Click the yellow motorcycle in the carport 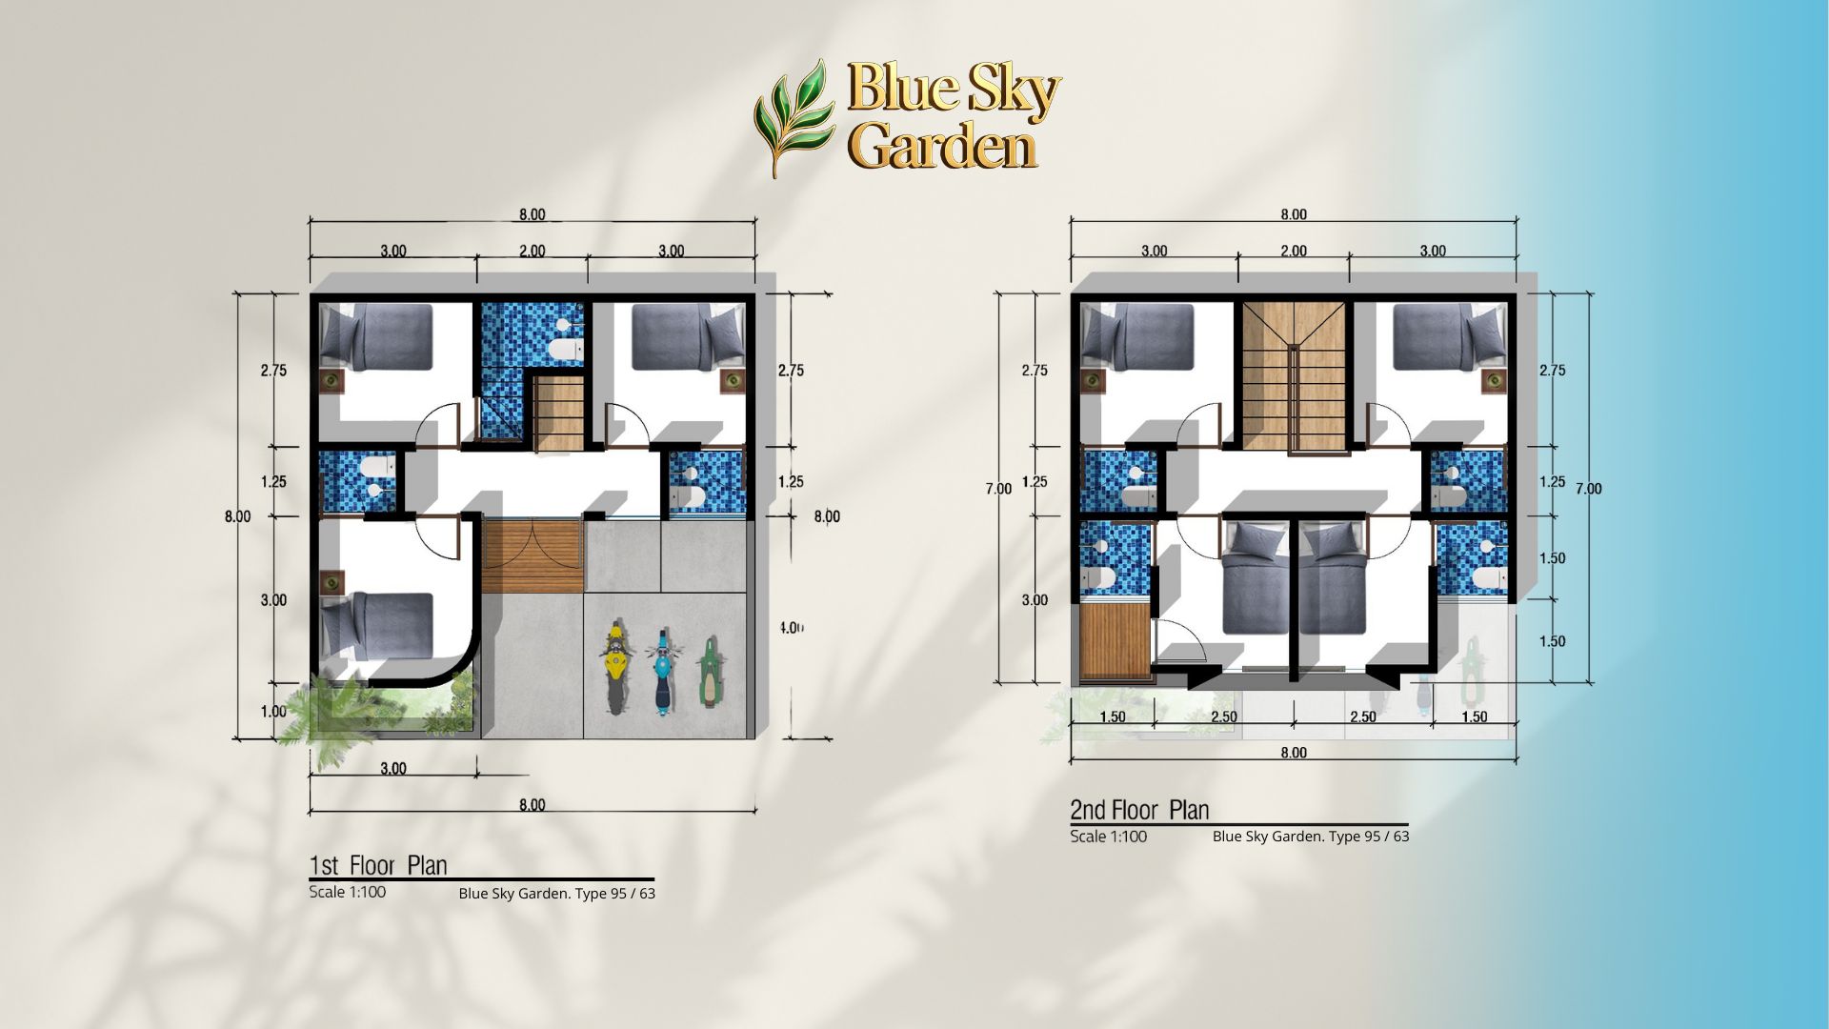(615, 669)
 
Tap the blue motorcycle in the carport (660, 671)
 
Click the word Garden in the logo (942, 148)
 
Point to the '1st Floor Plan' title (378, 865)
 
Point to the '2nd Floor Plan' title (1139, 810)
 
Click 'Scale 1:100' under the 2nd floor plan (1108, 837)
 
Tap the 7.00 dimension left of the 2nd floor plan (998, 489)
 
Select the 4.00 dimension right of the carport (792, 628)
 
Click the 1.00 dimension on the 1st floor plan (273, 712)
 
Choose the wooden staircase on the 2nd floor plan (1293, 376)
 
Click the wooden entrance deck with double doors (533, 556)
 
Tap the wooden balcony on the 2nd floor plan (1115, 643)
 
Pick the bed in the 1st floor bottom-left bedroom (376, 626)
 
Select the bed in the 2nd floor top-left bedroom (1137, 336)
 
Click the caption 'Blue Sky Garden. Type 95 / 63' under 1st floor (557, 894)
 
